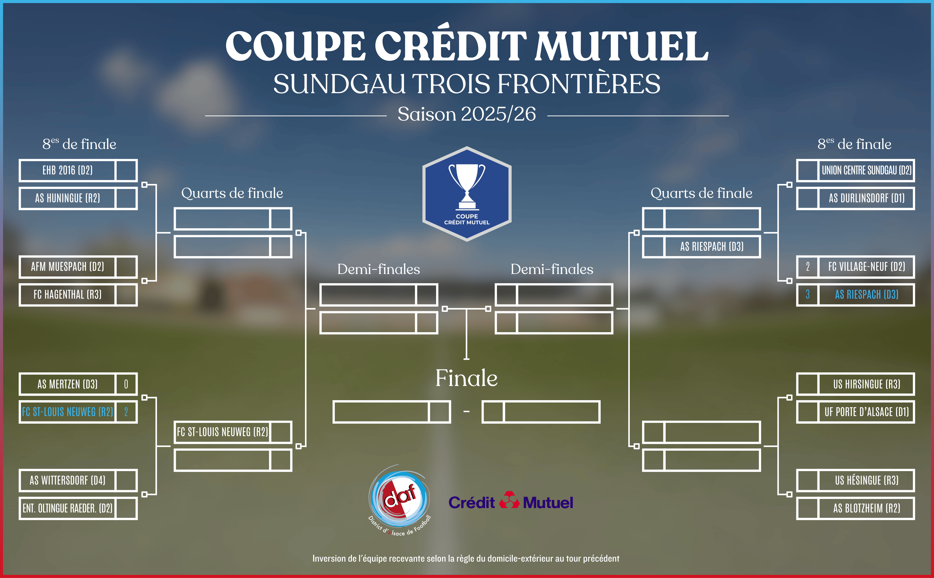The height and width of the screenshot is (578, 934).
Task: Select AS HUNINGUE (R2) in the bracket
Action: [68, 198]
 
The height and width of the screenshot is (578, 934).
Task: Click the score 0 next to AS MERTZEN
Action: [126, 384]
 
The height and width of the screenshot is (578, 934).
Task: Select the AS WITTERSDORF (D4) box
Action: [68, 480]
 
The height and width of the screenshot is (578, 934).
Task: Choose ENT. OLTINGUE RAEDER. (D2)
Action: [68, 509]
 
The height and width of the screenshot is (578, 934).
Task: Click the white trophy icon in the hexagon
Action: [467, 187]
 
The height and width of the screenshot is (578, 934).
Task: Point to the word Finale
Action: [467, 378]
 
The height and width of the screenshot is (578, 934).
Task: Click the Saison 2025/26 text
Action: [467, 114]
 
